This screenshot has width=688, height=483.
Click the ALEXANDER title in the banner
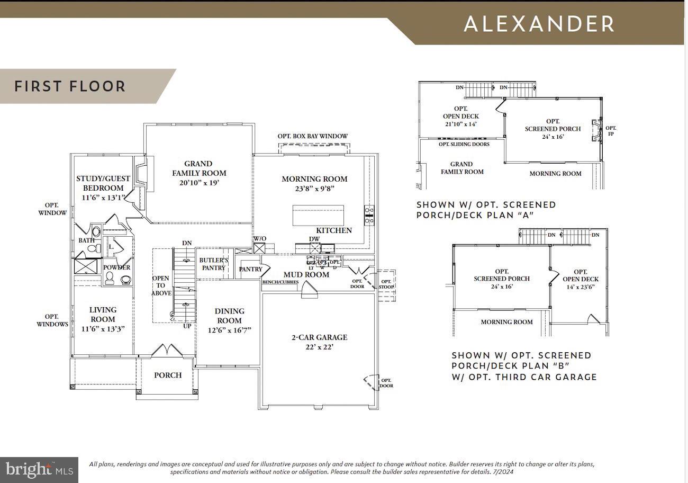(539, 24)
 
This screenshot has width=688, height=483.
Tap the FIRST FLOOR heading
(70, 86)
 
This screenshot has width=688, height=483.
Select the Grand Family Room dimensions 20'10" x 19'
(198, 183)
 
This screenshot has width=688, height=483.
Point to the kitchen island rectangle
(318, 216)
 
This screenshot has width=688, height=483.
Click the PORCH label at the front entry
(168, 375)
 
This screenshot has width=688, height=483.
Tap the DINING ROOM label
(229, 316)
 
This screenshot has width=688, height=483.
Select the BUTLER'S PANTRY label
(213, 264)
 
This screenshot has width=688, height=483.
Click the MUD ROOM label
(306, 274)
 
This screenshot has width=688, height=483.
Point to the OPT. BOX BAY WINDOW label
(313, 136)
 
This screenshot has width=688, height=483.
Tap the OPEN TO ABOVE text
(161, 285)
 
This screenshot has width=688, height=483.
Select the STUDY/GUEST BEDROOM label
(103, 183)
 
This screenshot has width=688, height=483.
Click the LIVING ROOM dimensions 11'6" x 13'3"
(103, 328)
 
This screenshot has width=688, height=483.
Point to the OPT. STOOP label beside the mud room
(386, 284)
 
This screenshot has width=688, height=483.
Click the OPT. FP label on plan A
(611, 131)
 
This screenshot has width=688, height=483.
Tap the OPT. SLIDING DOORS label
(464, 144)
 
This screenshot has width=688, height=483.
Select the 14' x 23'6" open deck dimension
(581, 287)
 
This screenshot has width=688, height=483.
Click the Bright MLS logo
(39, 470)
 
